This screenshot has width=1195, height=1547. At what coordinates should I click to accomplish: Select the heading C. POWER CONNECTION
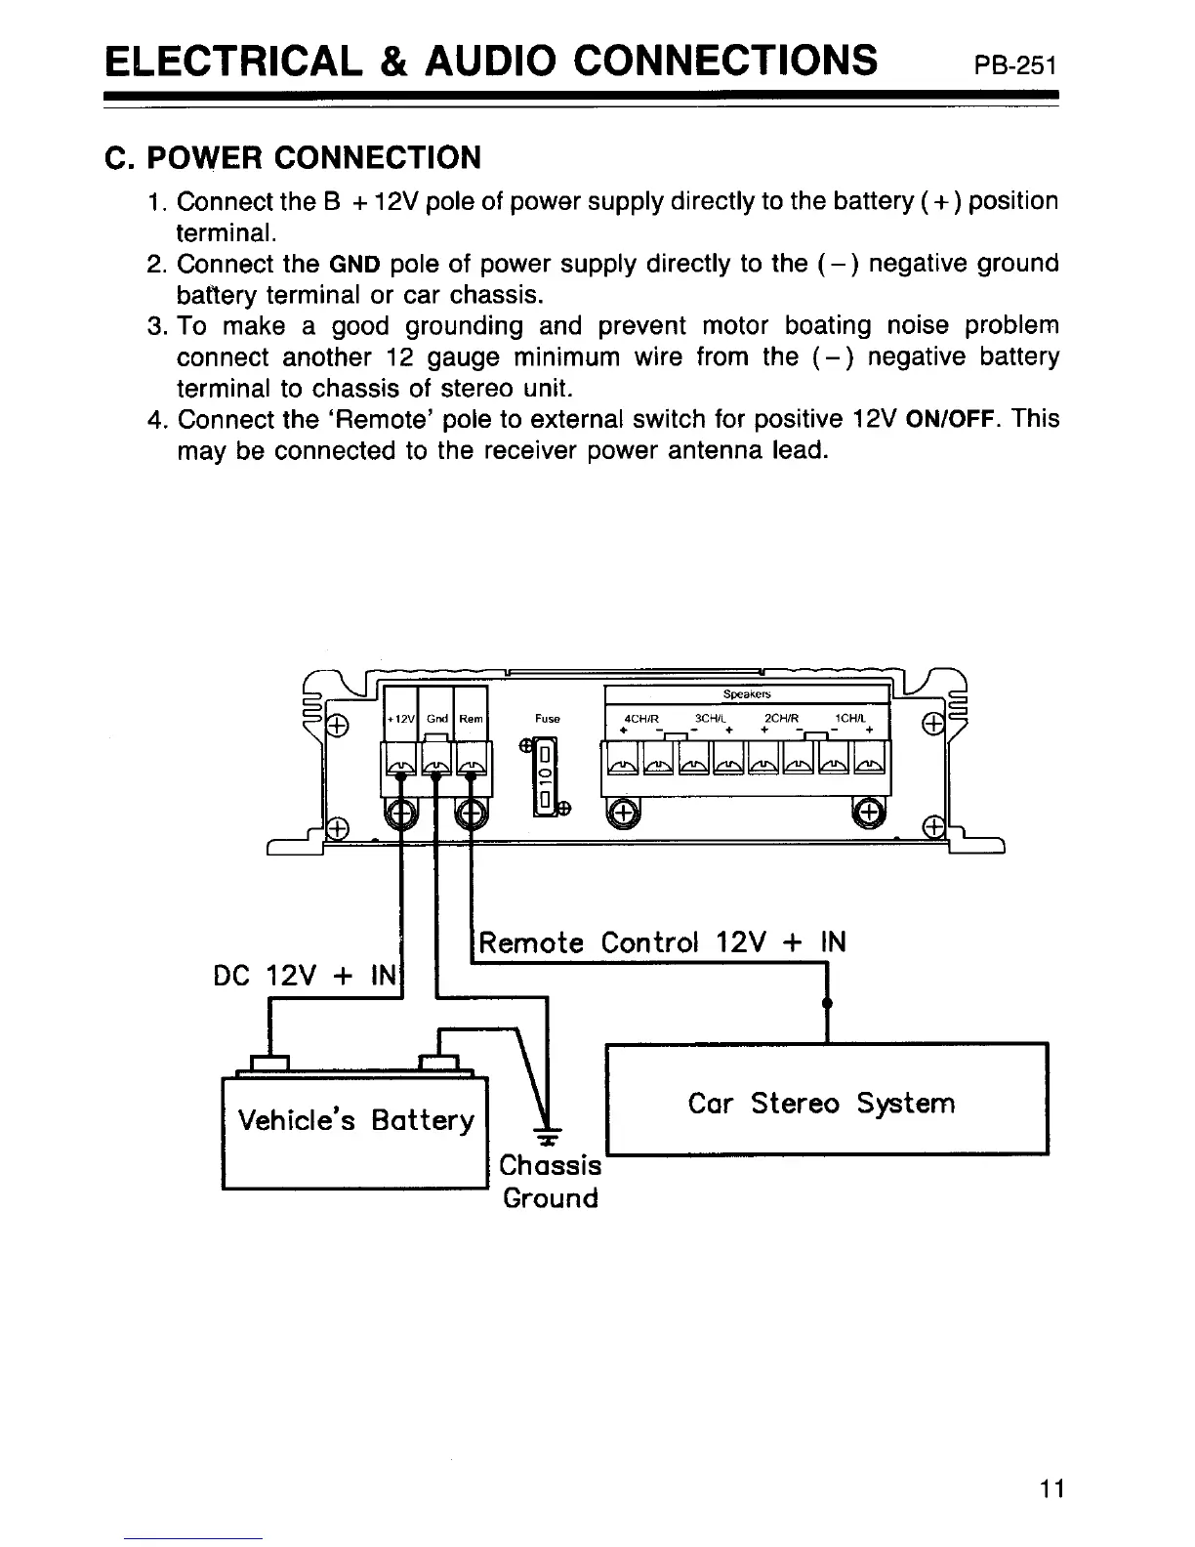click(293, 157)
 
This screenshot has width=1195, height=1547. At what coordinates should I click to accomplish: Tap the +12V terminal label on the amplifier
click(400, 719)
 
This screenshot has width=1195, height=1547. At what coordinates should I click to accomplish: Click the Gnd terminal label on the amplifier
click(435, 719)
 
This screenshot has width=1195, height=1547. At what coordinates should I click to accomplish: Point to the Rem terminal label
click(471, 719)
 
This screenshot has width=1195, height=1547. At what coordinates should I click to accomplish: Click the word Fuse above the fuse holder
click(547, 719)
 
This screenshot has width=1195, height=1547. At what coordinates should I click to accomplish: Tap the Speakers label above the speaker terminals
click(747, 694)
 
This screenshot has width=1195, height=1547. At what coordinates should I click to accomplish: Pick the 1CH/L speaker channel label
click(850, 719)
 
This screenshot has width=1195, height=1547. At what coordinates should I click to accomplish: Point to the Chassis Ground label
click(551, 1182)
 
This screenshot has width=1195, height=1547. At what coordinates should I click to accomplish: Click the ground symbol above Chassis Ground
click(550, 1138)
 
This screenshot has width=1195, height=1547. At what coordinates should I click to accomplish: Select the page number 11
click(1051, 1489)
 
